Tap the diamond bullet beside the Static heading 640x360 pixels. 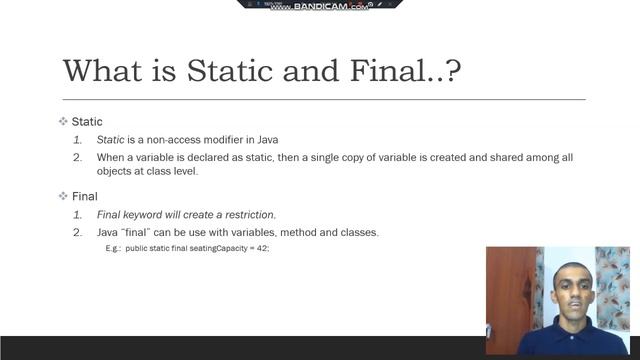click(x=62, y=122)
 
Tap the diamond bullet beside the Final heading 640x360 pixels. click(x=62, y=196)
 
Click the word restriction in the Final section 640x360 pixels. click(x=248, y=215)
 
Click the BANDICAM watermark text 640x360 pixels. click(x=304, y=6)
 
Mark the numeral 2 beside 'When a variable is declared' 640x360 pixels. click(x=77, y=158)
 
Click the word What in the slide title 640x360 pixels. click(x=103, y=72)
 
